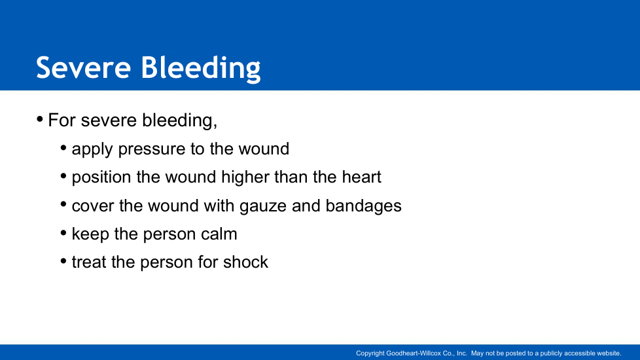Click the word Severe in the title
(x=83, y=67)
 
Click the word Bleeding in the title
(x=201, y=69)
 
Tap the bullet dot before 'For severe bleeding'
(x=40, y=120)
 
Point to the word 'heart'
(x=361, y=177)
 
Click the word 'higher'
(x=245, y=177)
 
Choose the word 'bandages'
(x=363, y=206)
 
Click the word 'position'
(x=101, y=177)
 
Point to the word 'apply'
(x=92, y=149)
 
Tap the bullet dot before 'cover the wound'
(x=63, y=204)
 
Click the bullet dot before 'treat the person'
(x=63, y=261)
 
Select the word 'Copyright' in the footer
(x=370, y=353)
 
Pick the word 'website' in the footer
(x=609, y=353)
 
